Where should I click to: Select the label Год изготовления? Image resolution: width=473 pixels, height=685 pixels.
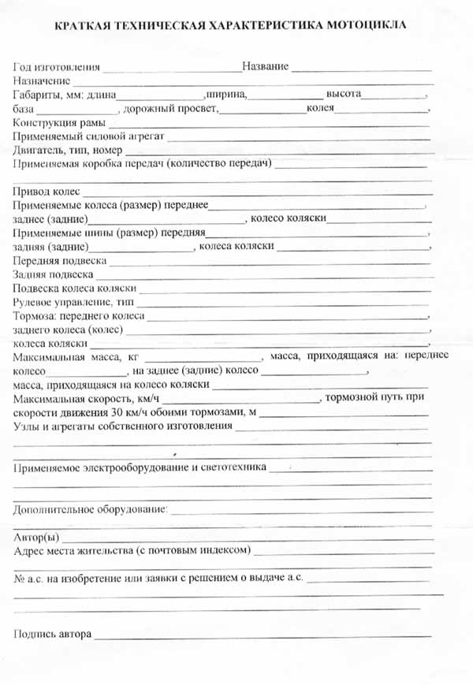57,66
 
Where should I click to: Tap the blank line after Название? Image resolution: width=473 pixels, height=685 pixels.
363,68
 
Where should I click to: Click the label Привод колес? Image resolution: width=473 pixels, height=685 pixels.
47,192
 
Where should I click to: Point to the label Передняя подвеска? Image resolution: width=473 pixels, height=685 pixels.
59,260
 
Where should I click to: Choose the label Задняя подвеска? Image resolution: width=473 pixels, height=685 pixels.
52,274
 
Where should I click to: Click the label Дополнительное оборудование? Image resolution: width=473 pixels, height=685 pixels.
90,509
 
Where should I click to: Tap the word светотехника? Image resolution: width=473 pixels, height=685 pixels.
233,467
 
